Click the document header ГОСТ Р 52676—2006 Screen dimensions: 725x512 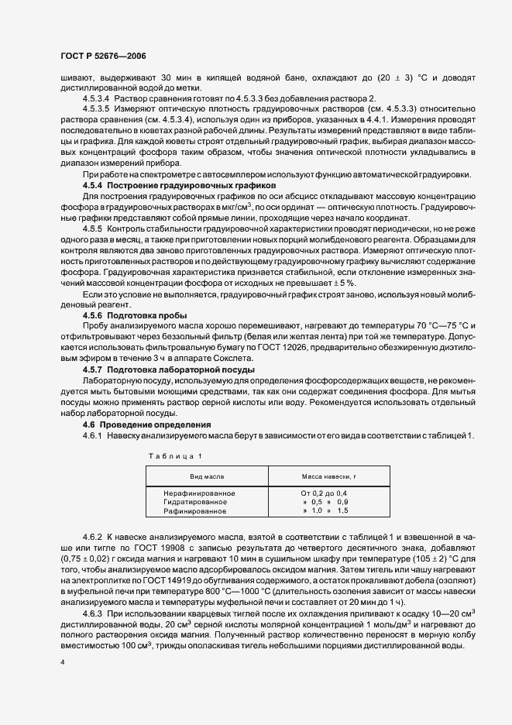click(x=103, y=57)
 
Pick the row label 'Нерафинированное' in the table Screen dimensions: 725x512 click(x=199, y=493)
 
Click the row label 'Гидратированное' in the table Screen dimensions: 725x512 click(x=194, y=503)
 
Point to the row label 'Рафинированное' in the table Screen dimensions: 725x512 click(x=194, y=511)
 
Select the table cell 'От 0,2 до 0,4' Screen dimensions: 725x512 click(x=325, y=493)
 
